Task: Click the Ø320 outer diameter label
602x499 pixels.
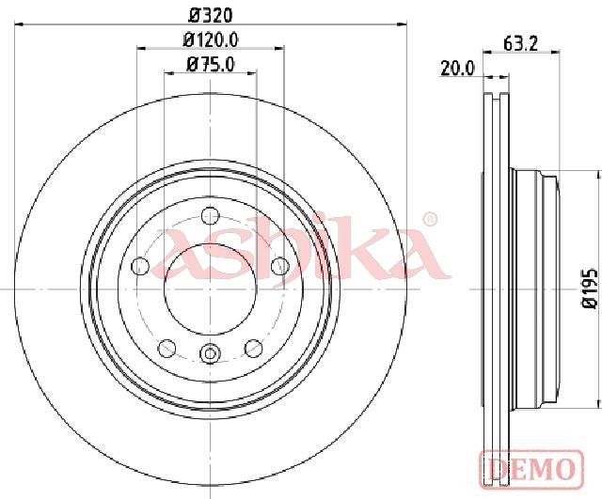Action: click(211, 15)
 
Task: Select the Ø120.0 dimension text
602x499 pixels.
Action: click(211, 39)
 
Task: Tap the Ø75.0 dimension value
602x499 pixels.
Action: click(211, 65)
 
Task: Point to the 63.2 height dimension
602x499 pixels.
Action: click(520, 44)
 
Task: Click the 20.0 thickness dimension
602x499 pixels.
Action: click(458, 69)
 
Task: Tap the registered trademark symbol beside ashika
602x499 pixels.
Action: click(430, 219)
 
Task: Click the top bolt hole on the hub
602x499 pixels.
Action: click(210, 215)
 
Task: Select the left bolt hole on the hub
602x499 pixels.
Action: click(140, 266)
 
